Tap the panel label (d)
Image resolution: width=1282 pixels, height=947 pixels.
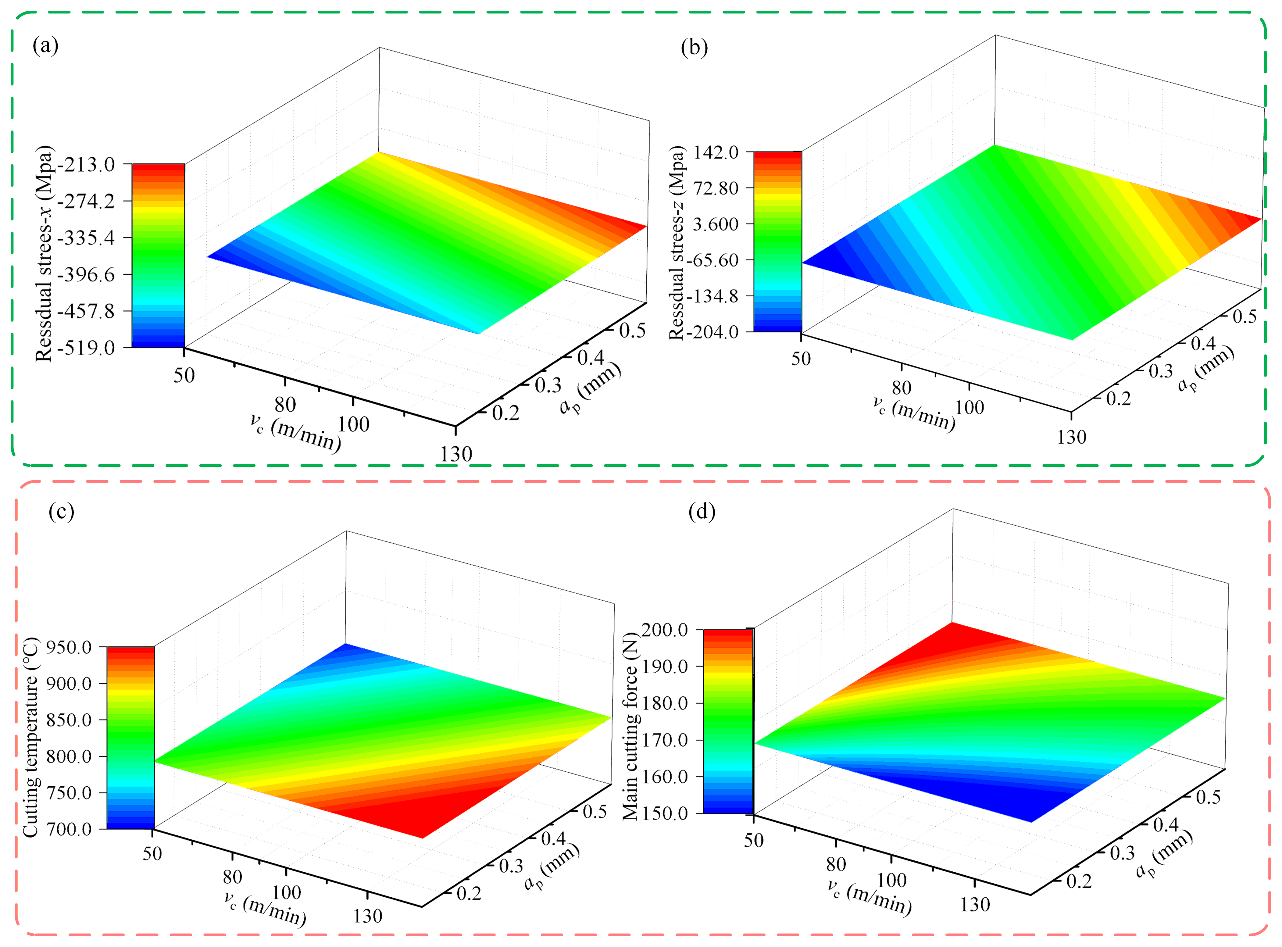(x=702, y=511)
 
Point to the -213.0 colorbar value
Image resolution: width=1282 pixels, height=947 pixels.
(x=91, y=165)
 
